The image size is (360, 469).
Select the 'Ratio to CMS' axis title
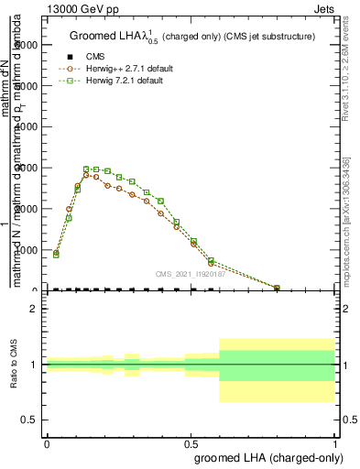click(x=14, y=365)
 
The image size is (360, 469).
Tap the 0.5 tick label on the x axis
click(x=191, y=442)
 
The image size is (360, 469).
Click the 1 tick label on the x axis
click(x=335, y=442)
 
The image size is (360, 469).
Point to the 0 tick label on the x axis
click(x=46, y=442)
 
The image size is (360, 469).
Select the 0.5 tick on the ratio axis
click(x=30, y=420)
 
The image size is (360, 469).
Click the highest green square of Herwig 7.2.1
click(x=86, y=169)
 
